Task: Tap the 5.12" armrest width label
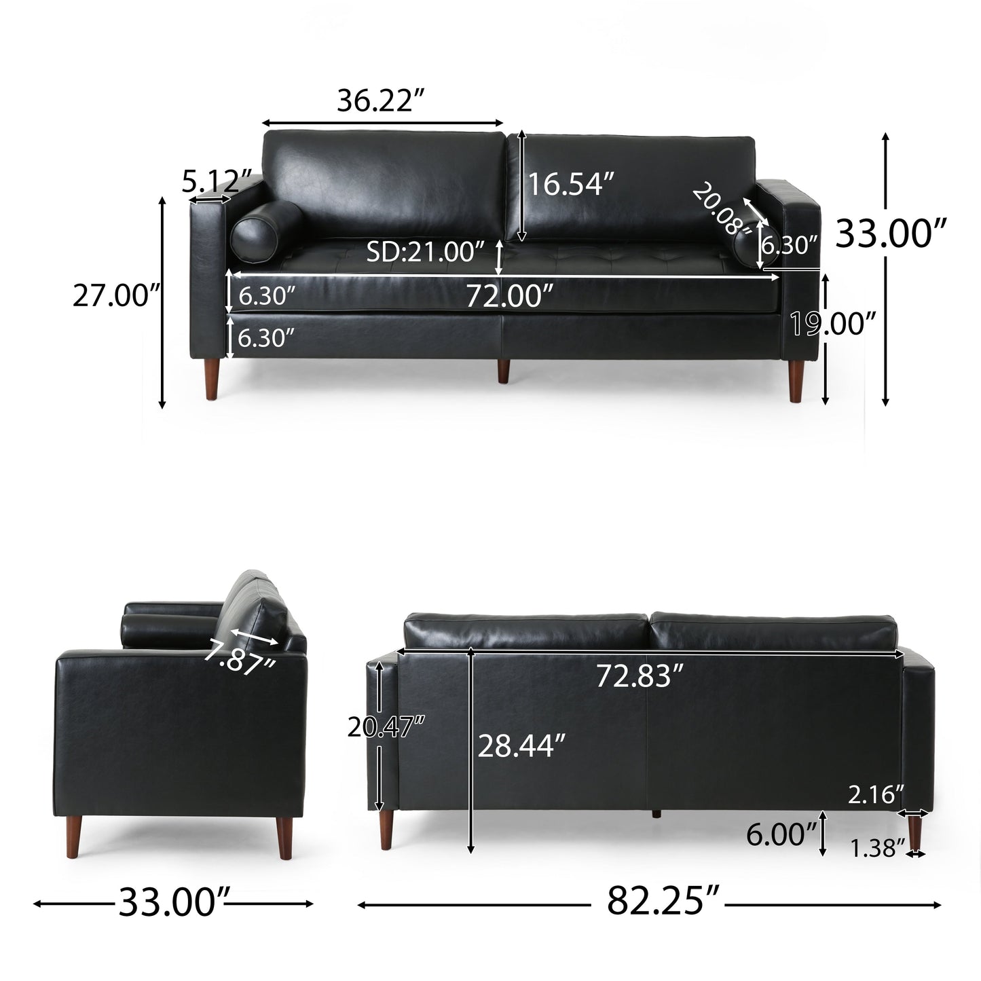pyautogui.click(x=212, y=181)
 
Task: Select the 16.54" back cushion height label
pyautogui.click(x=571, y=184)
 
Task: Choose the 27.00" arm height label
pyautogui.click(x=115, y=296)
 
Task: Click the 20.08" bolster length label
pyautogui.click(x=722, y=210)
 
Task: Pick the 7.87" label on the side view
pyautogui.click(x=238, y=657)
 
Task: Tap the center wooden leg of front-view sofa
pyautogui.click(x=503, y=371)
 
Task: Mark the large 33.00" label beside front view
pyautogui.click(x=891, y=233)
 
